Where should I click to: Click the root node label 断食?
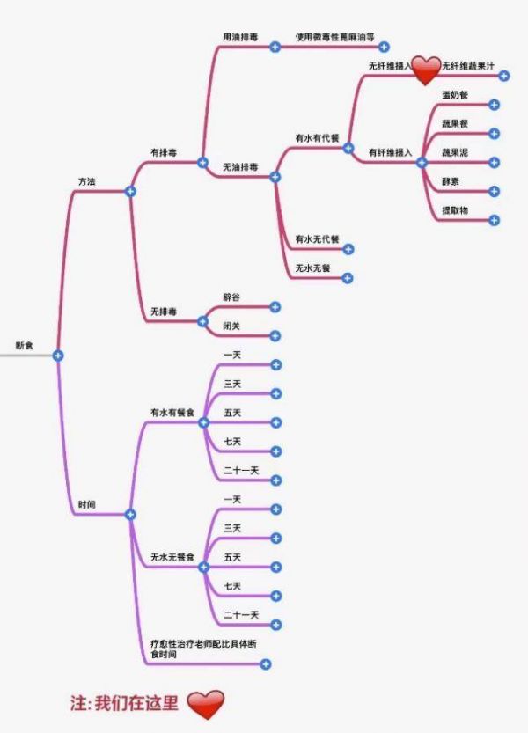25,346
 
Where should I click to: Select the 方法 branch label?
87,180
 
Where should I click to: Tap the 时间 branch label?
87,504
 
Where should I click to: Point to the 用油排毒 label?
240,37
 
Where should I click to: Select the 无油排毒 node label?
240,166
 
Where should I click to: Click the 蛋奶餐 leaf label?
455,94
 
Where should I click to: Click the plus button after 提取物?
494,220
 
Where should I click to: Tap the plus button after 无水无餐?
347,278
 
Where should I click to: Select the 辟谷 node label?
231,297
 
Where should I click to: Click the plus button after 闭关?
275,335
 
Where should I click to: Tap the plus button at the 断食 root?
58,355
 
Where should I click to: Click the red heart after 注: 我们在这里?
206,704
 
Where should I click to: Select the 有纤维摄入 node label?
390,152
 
